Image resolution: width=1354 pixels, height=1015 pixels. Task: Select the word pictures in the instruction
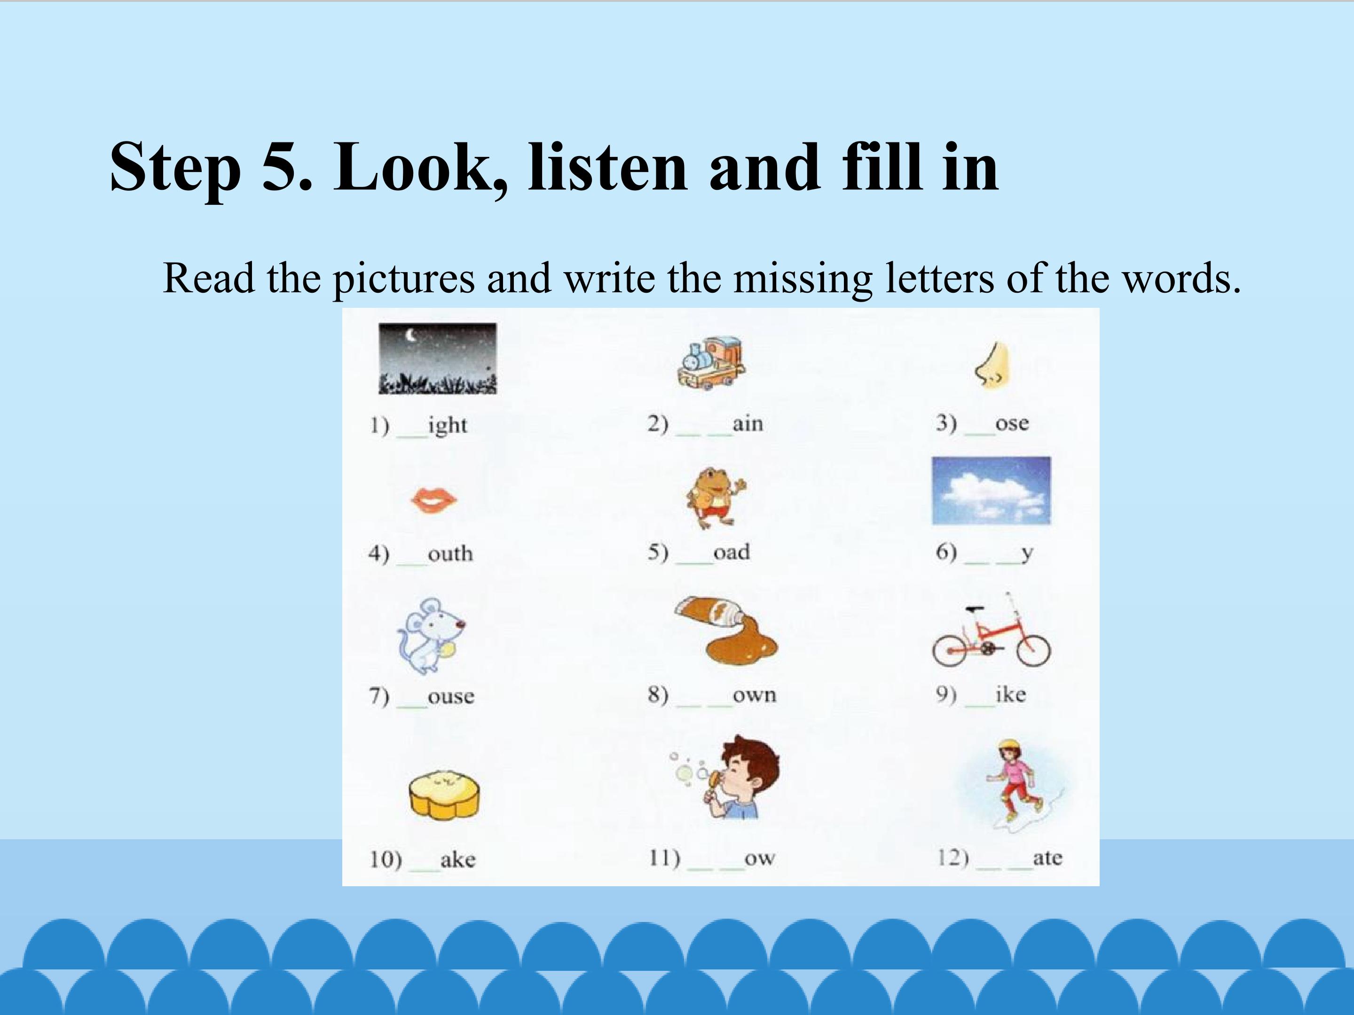pos(403,280)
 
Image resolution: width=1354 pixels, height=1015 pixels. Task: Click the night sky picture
pos(438,359)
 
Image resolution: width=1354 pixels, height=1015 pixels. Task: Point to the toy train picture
pos(711,362)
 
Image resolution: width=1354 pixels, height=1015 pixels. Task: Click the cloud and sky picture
pos(991,491)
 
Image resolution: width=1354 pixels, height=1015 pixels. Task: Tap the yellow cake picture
pos(444,795)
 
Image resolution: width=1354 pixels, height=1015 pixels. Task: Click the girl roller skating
pos(1013,783)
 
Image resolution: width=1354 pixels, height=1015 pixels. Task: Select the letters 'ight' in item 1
pos(448,425)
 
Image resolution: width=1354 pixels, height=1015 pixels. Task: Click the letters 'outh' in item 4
pos(450,553)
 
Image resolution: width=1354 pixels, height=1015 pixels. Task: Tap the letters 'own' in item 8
pos(755,695)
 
